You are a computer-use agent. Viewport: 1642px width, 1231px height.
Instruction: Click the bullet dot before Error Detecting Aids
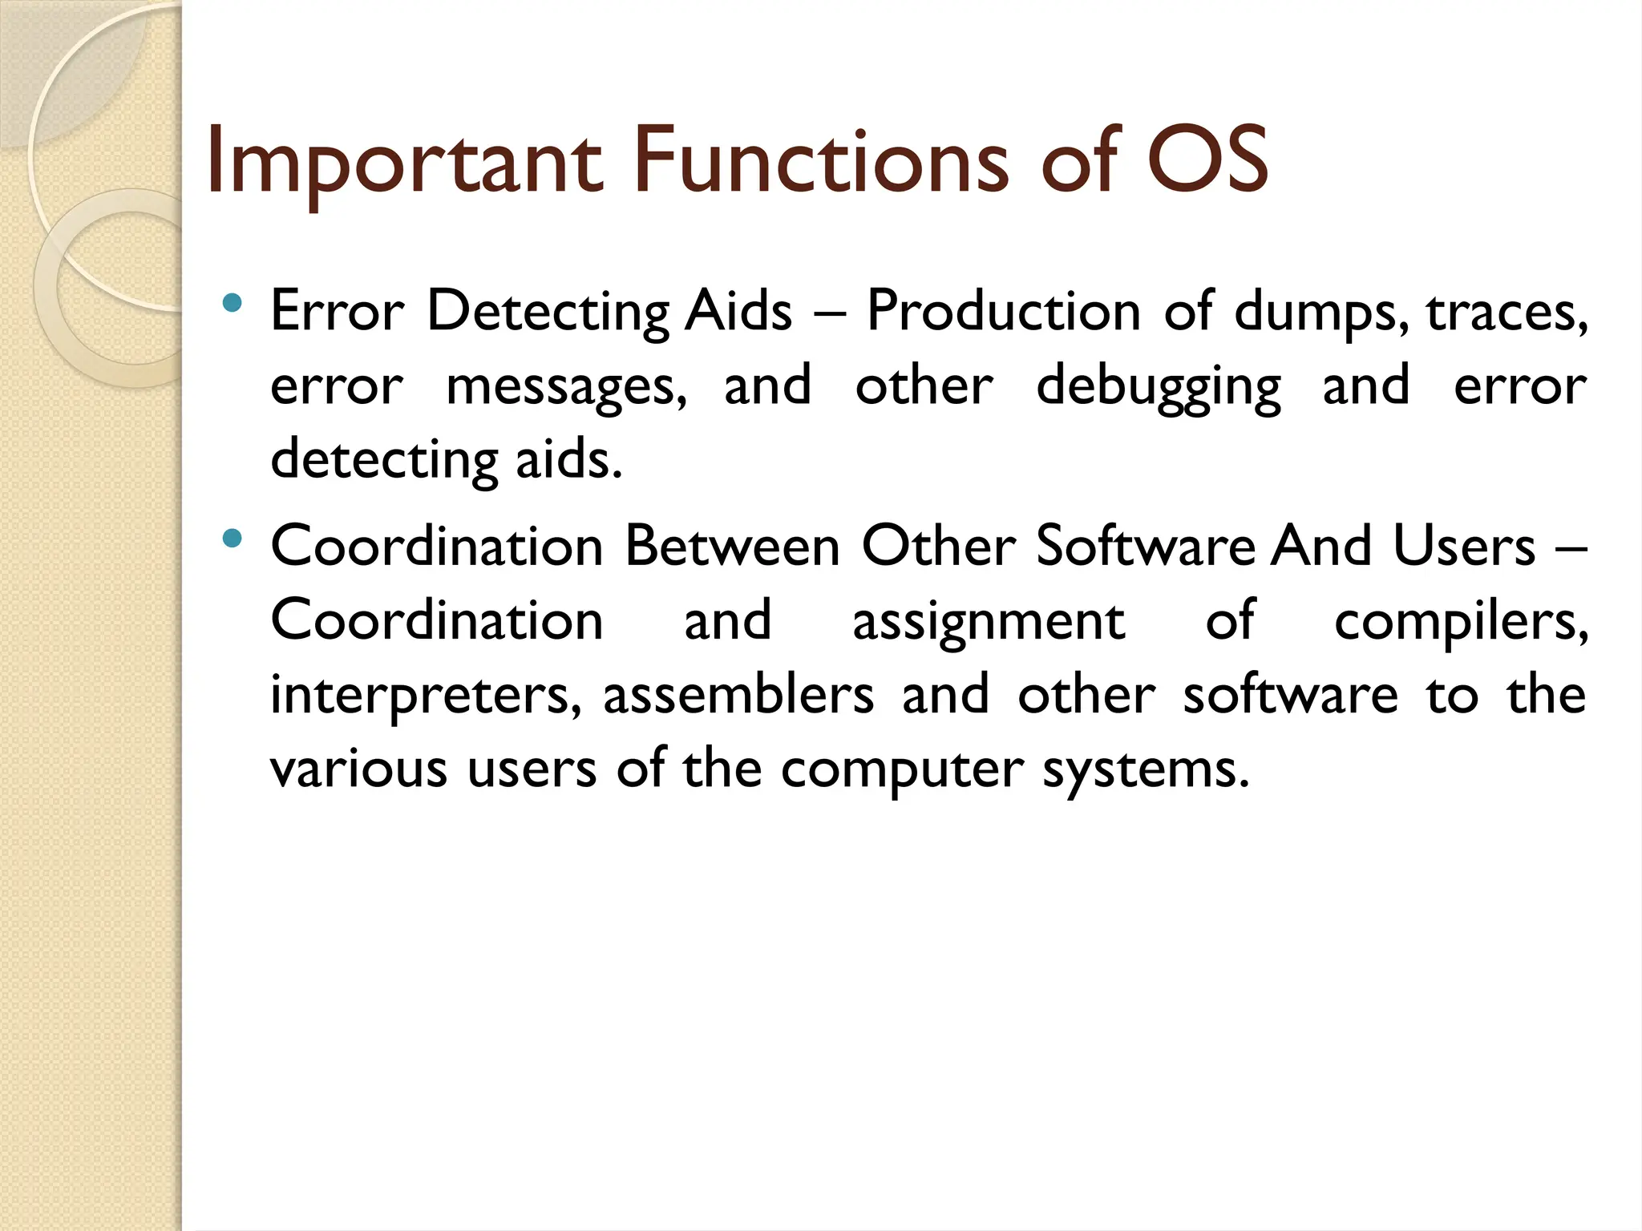233,303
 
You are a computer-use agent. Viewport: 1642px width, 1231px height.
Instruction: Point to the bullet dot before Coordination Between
233,539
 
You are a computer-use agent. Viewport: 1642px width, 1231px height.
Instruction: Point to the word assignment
989,623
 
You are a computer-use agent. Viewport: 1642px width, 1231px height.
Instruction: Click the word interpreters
426,696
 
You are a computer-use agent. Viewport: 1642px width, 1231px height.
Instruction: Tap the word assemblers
738,695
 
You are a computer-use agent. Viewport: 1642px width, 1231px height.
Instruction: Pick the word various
358,769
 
